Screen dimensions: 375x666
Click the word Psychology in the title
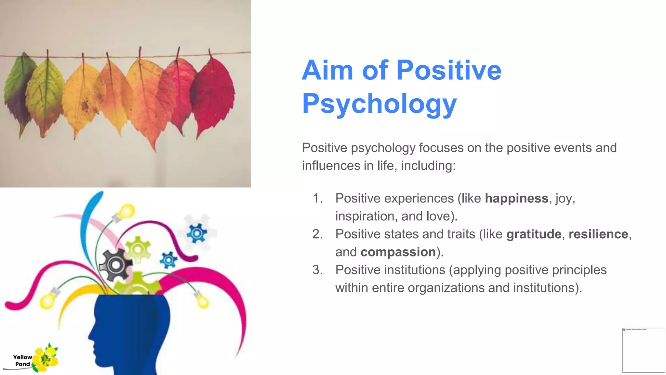[x=379, y=104]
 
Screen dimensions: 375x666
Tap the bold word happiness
[x=516, y=198]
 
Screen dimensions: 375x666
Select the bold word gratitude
[x=534, y=234]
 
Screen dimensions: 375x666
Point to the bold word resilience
[x=598, y=234]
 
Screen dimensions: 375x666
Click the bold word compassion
[x=398, y=252]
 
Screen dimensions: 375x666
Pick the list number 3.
[x=317, y=270]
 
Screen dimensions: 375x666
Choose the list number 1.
[x=317, y=198]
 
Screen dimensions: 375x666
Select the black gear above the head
[x=115, y=264]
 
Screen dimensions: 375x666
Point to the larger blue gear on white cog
[x=197, y=233]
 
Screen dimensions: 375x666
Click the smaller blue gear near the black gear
[x=168, y=260]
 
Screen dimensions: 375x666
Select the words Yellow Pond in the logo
[x=22, y=361]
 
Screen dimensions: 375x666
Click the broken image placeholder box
[x=643, y=350]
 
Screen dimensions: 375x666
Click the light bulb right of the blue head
[x=203, y=301]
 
